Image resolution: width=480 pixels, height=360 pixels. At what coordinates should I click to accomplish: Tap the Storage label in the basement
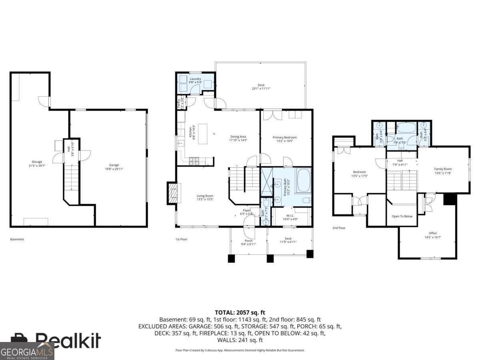[37, 162]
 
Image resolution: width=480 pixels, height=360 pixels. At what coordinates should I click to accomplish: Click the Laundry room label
[195, 79]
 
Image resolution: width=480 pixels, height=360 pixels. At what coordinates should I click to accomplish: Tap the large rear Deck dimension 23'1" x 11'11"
[261, 89]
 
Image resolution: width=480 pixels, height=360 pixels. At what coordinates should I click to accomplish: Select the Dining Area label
[238, 137]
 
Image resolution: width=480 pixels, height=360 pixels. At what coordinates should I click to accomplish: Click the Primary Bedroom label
[285, 138]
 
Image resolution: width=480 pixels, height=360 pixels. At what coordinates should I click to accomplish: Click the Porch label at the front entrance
[249, 241]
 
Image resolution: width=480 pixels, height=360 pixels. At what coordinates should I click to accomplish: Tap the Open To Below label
[402, 216]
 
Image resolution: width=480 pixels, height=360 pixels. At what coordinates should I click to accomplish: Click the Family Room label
[443, 169]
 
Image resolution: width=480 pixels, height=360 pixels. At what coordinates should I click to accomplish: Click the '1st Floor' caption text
[181, 239]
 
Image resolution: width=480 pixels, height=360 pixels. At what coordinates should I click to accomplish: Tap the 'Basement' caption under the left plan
[17, 239]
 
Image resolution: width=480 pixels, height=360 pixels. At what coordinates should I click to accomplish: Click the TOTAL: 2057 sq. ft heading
[240, 312]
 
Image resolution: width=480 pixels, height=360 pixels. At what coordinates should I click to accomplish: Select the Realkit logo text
[68, 340]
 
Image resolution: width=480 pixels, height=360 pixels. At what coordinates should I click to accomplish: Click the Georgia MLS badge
[27, 352]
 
